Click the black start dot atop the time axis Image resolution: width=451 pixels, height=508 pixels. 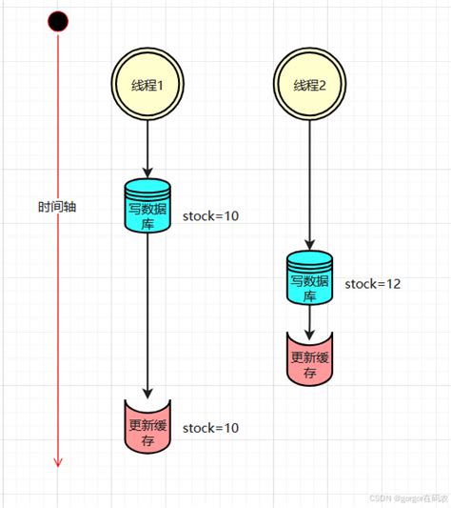coord(58,20)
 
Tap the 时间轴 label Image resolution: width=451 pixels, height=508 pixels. coord(57,206)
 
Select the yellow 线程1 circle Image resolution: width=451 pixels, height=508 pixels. coord(148,85)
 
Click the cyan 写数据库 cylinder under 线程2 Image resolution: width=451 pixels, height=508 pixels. coord(310,277)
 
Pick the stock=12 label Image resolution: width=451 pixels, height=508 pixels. coord(372,283)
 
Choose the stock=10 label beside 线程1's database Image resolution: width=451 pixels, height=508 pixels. coord(210,216)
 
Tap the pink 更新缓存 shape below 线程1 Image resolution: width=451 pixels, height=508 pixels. coord(148,426)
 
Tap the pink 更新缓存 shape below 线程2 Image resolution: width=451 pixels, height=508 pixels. coord(310,357)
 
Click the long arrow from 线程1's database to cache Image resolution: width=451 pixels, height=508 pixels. coord(148,315)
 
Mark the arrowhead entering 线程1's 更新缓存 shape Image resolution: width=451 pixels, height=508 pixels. coord(148,394)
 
